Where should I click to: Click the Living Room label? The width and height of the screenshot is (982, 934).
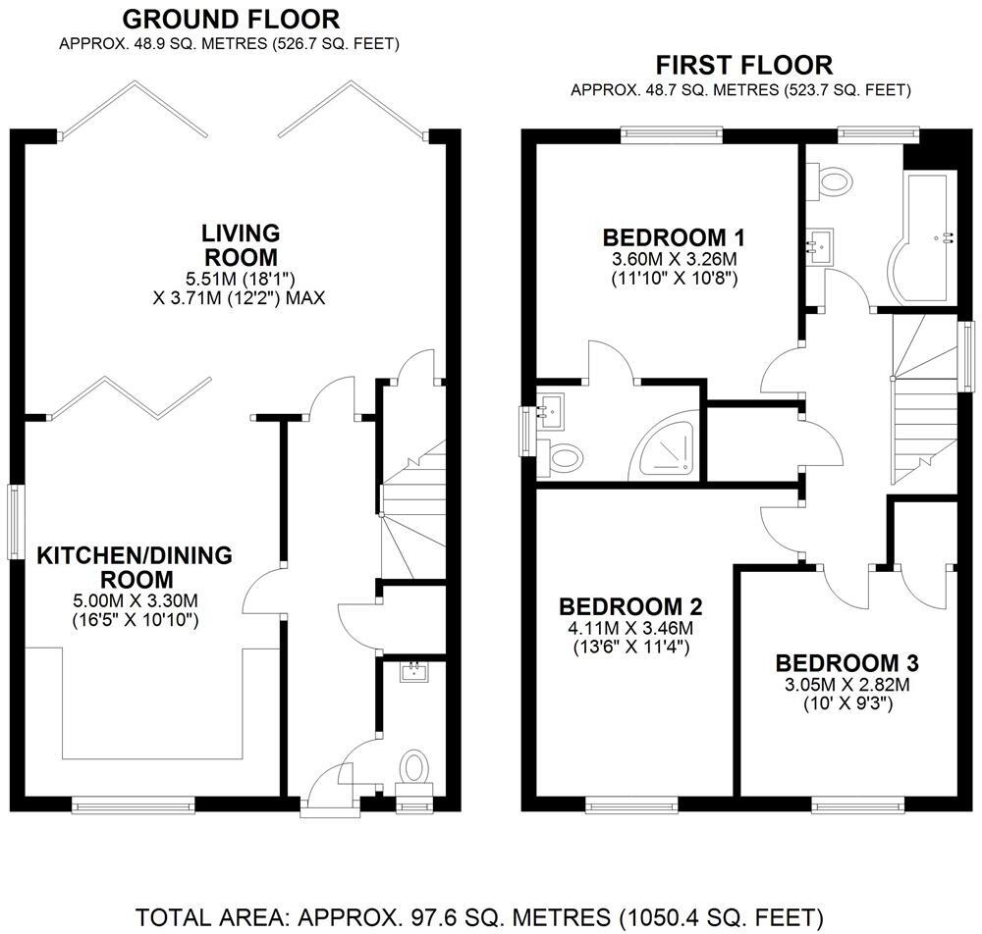click(241, 245)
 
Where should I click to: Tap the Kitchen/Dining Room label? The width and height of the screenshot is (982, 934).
click(135, 567)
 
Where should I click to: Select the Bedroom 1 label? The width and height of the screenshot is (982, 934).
click(673, 237)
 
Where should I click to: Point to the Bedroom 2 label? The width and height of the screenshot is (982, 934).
click(630, 605)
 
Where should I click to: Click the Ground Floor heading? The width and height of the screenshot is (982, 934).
click(231, 19)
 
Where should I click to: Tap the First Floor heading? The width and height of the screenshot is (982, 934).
click(743, 66)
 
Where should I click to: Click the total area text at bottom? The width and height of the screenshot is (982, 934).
click(478, 917)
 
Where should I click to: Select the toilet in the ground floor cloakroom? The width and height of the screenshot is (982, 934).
click(413, 767)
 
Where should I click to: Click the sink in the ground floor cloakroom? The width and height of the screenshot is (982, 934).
click(413, 672)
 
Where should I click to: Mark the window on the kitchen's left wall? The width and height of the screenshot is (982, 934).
click(15, 522)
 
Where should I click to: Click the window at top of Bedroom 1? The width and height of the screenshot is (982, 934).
click(671, 134)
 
